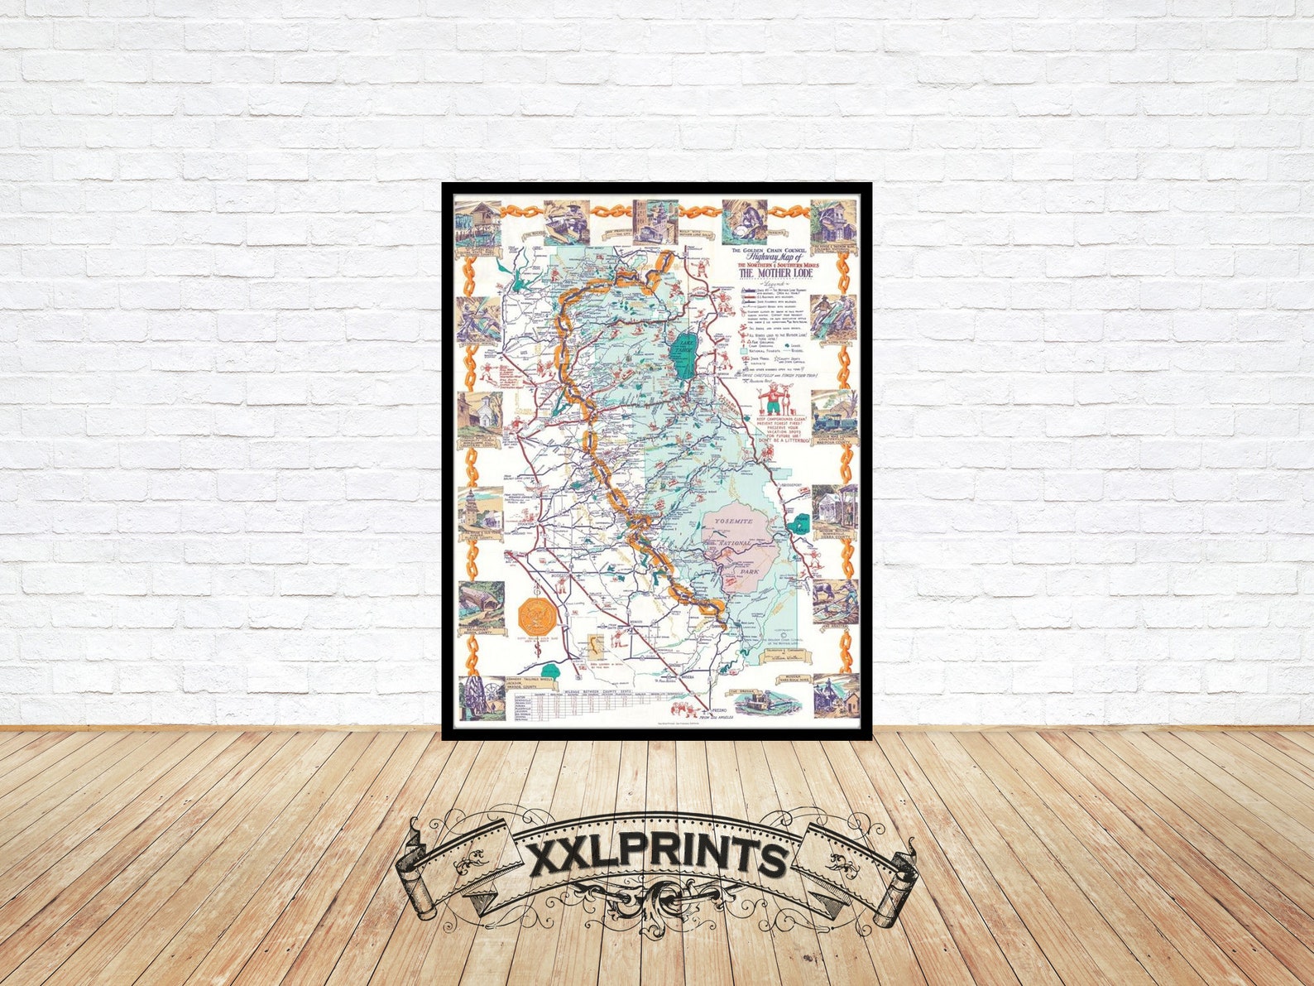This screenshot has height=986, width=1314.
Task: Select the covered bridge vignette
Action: (x=481, y=604)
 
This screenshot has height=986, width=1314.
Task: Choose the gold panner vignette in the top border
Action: (x=742, y=220)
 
